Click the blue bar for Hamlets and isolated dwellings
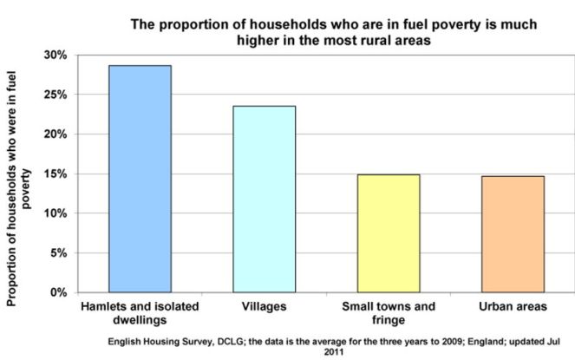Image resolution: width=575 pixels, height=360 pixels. click(140, 179)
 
